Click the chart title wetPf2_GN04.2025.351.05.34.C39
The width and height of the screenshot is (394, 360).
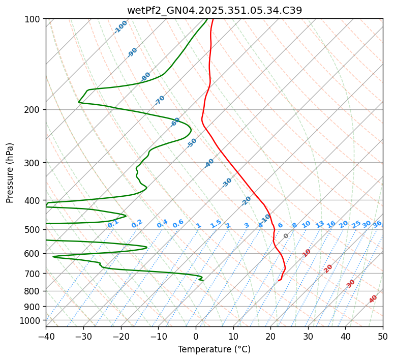click(214, 11)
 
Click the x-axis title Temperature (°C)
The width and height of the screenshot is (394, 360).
click(214, 350)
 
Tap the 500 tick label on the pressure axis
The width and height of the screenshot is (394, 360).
click(34, 230)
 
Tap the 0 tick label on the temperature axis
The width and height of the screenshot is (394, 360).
click(196, 336)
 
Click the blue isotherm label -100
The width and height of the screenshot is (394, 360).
click(120, 27)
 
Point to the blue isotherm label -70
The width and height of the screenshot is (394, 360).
click(160, 100)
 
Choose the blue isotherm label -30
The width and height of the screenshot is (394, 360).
click(227, 182)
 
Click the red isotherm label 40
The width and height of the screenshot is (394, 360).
click(373, 299)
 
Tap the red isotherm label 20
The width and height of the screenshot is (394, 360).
click(328, 268)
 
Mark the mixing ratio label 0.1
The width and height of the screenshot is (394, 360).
click(113, 224)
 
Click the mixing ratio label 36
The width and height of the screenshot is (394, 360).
click(377, 224)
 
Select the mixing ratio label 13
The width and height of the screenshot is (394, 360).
click(320, 224)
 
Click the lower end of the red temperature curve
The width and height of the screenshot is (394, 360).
click(279, 280)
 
